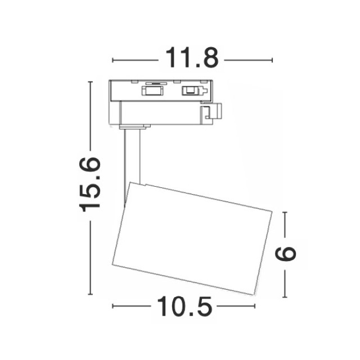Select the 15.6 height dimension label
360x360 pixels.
click(90, 184)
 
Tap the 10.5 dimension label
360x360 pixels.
click(184, 306)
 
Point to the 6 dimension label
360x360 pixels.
click(285, 254)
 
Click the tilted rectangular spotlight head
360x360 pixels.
click(192, 238)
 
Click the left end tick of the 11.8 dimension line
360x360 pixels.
click(112, 60)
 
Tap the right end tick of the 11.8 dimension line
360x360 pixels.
click(272, 60)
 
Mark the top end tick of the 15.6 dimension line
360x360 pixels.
click(91, 82)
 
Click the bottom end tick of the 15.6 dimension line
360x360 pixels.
click(91, 294)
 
